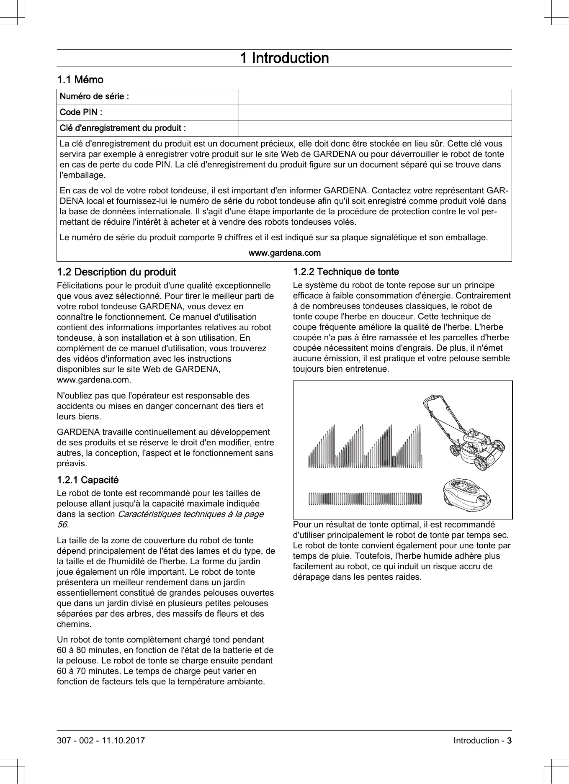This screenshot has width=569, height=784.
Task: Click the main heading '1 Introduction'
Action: pyautogui.click(x=284, y=58)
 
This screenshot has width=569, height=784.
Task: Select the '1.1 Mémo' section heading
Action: pyautogui.click(x=80, y=80)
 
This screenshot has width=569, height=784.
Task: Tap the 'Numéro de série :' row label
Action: pyautogui.click(x=95, y=97)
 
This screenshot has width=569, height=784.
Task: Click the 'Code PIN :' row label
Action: pyautogui.click(x=81, y=112)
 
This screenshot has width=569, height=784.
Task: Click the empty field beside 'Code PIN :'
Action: pyautogui.click(x=375, y=113)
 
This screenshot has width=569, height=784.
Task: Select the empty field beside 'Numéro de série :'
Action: pyautogui.click(x=375, y=97)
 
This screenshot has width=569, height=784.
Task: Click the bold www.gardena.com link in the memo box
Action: pyautogui.click(x=284, y=253)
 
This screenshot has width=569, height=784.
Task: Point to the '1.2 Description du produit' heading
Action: pyautogui.click(x=116, y=272)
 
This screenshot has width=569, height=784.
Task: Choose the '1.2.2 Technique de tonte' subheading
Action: pyautogui.click(x=346, y=272)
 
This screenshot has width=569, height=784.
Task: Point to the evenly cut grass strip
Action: pyautogui.click(x=365, y=499)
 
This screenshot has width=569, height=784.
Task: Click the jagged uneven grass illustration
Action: pyautogui.click(x=365, y=447)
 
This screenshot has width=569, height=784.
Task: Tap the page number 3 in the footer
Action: pyautogui.click(x=509, y=740)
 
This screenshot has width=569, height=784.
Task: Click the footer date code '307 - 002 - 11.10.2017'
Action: pyautogui.click(x=101, y=740)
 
